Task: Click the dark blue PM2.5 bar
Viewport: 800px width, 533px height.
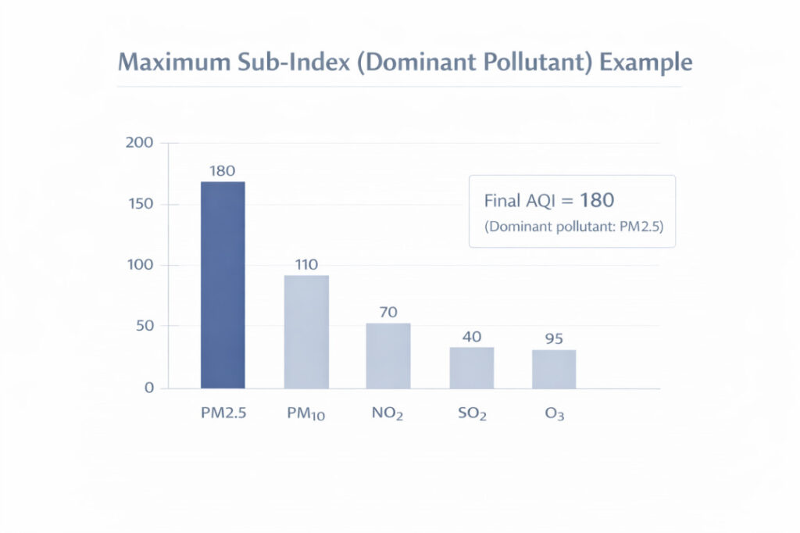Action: tap(223, 284)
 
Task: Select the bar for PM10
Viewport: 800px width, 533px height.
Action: tap(306, 331)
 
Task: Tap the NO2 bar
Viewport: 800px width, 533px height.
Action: tap(388, 356)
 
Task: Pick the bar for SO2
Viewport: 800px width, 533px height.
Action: tap(471, 367)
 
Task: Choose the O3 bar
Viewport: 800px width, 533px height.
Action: tap(554, 369)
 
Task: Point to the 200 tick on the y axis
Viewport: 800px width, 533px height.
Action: tap(139, 143)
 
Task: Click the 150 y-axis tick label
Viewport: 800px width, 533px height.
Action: tap(140, 205)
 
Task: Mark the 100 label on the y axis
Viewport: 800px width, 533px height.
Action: tap(140, 266)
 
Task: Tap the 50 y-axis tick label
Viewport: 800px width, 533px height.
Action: tap(144, 326)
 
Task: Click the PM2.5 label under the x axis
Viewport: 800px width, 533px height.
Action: tap(223, 414)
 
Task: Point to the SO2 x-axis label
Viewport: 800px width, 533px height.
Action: tap(471, 415)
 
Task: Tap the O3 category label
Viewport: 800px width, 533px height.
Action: tap(554, 415)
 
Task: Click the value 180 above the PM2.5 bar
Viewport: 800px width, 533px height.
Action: tap(223, 170)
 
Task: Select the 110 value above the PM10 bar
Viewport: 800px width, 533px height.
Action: tap(306, 264)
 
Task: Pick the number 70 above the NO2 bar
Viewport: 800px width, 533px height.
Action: tap(388, 312)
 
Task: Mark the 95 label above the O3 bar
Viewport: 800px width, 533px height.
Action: tap(554, 339)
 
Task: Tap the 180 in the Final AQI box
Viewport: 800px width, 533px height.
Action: tap(597, 200)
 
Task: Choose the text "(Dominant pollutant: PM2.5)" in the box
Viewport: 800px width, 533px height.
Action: tap(571, 227)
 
